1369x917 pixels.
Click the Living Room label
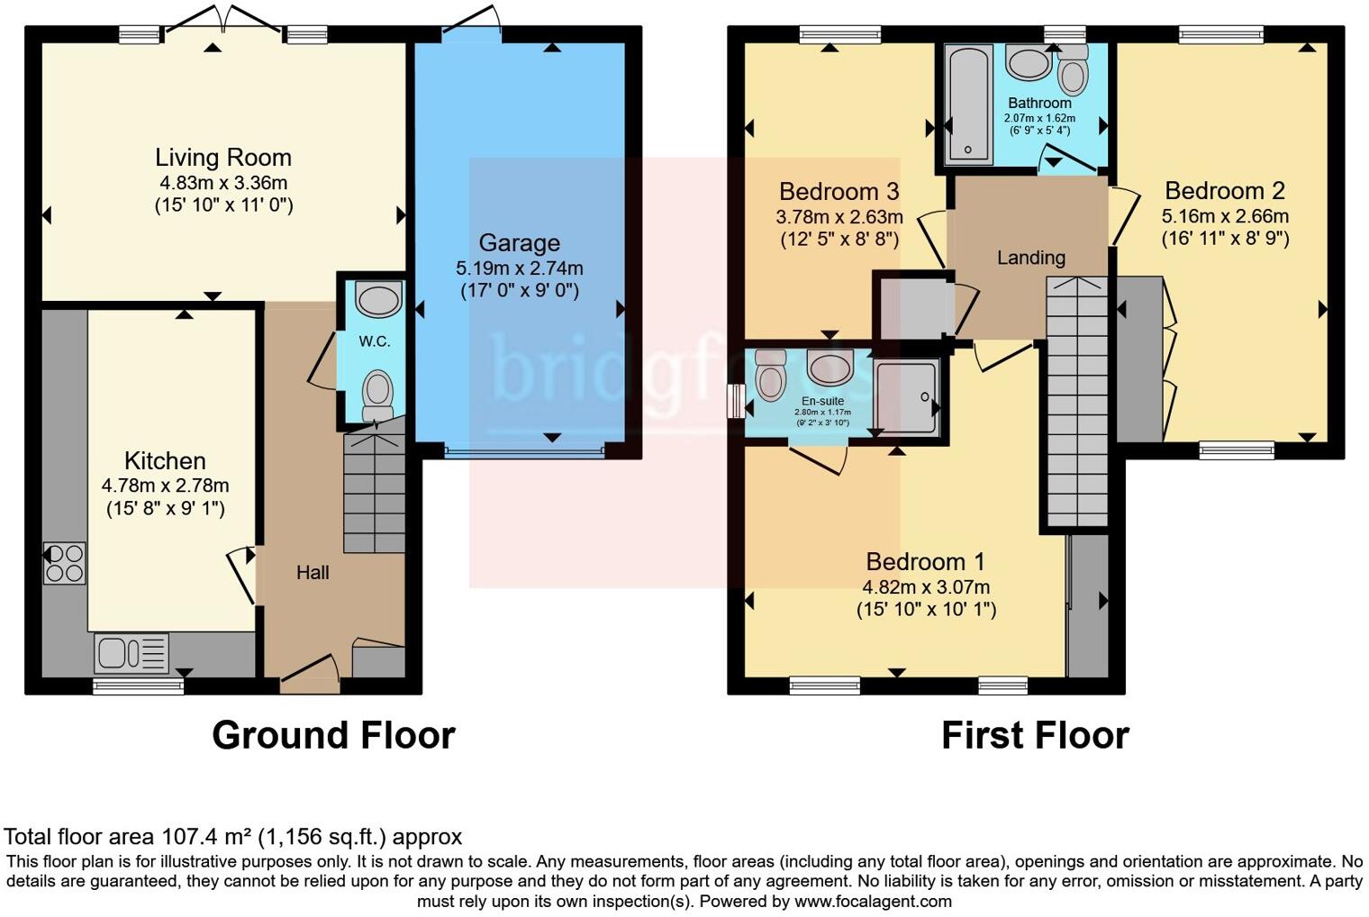(x=223, y=158)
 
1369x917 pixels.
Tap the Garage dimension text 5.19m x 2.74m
(x=519, y=268)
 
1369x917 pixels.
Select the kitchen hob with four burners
(x=65, y=563)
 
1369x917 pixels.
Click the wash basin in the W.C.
(x=378, y=299)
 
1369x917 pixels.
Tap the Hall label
(x=313, y=573)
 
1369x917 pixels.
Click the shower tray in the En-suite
(x=906, y=396)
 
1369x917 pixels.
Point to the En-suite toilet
(x=771, y=376)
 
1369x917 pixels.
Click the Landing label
(x=1030, y=258)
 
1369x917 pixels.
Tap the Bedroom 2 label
(x=1224, y=191)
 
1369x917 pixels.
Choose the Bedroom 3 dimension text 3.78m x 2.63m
(x=839, y=217)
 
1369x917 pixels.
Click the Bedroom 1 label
(x=925, y=562)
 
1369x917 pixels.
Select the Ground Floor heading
(x=333, y=735)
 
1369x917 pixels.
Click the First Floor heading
(x=1035, y=735)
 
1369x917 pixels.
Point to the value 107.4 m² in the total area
(x=207, y=837)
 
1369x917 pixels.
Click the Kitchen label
(x=165, y=461)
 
